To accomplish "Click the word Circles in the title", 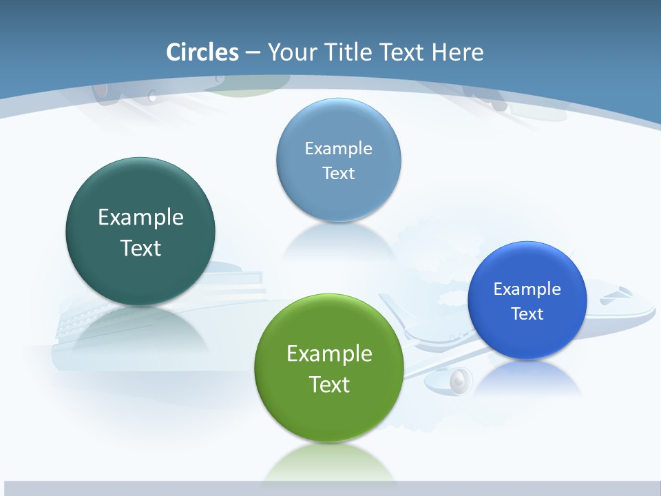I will click(202, 52).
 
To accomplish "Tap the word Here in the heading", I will click(458, 52).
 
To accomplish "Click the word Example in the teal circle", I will click(140, 218).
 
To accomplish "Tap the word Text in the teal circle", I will click(140, 248).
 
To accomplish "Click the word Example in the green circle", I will click(329, 354).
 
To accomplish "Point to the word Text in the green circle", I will click(329, 384).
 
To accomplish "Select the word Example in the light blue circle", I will click(339, 148).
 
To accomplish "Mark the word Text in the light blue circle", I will click(339, 173).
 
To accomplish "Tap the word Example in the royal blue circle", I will click(527, 289).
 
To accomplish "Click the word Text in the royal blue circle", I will click(527, 313).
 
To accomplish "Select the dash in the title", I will click(252, 52).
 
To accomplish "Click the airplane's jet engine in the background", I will click(459, 381).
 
